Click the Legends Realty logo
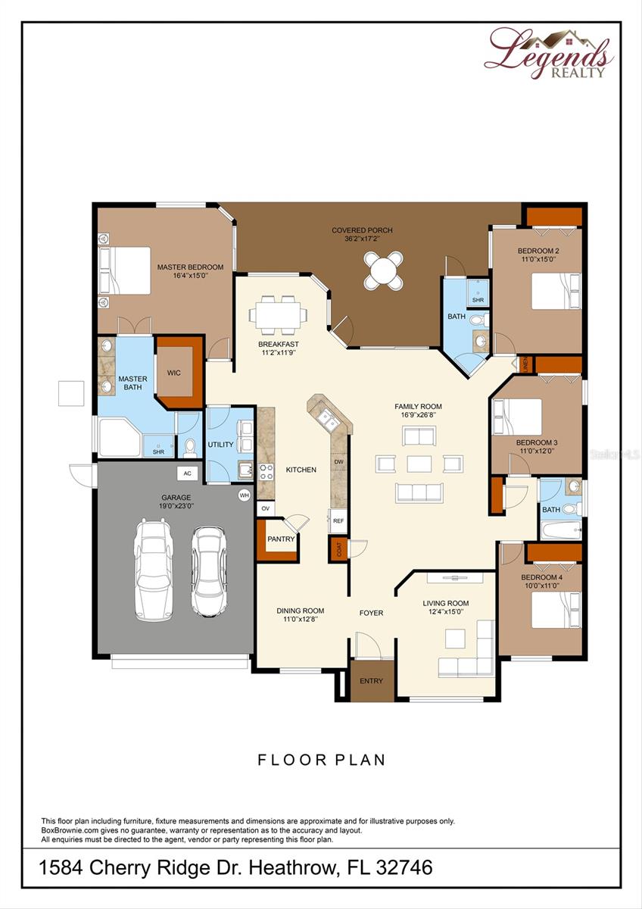point(548,53)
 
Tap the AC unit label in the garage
point(187,473)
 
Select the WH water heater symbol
point(244,495)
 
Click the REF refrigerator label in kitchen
point(338,521)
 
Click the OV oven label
point(266,509)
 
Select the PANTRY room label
point(280,539)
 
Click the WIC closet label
point(174,373)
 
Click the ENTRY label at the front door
point(371,681)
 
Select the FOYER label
point(371,613)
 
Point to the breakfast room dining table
point(278,314)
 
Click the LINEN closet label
point(524,365)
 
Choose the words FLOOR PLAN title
point(322,760)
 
